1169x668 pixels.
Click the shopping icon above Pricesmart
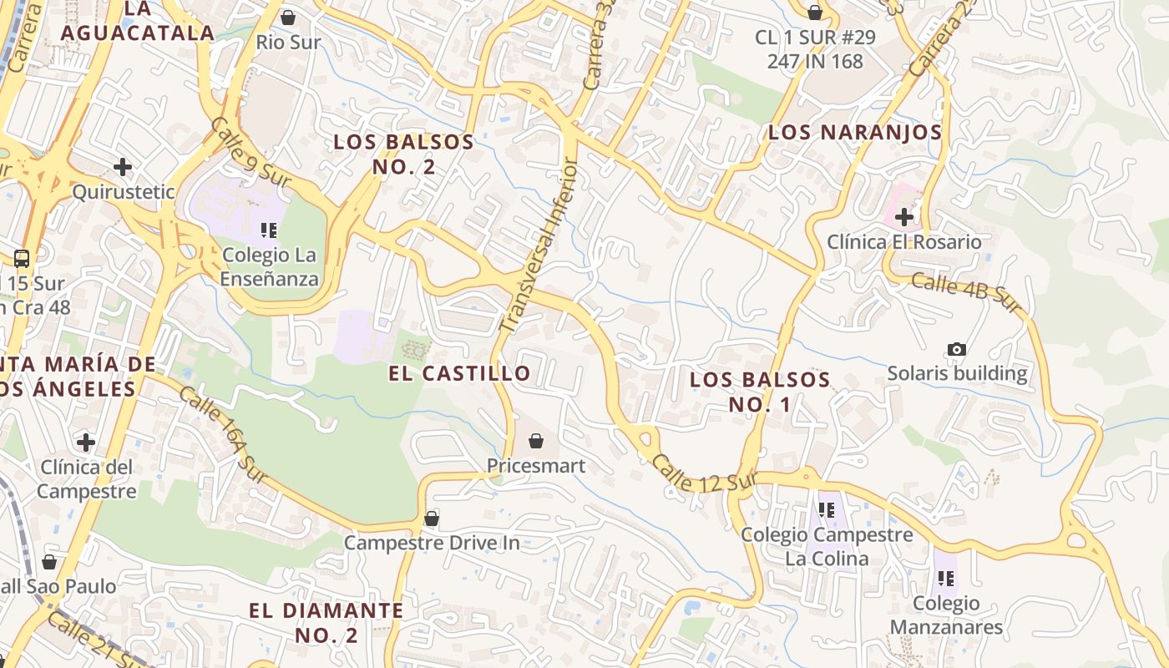pyautogui.click(x=536, y=441)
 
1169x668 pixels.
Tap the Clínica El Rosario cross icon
pyautogui.click(x=903, y=218)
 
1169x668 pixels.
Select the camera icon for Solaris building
pyautogui.click(x=957, y=349)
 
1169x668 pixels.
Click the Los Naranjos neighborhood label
pyautogui.click(x=854, y=132)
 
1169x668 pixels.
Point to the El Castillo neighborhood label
pyautogui.click(x=459, y=373)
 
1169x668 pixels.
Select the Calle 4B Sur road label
pyautogui.click(x=966, y=293)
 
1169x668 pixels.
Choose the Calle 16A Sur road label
pyautogui.click(x=223, y=434)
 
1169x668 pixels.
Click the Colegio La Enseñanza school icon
pyautogui.click(x=268, y=230)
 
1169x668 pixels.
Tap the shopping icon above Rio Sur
pyautogui.click(x=288, y=18)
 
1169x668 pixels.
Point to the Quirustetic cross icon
pyautogui.click(x=123, y=167)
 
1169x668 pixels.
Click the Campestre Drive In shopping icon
pyautogui.click(x=432, y=519)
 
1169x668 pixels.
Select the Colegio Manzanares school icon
pyautogui.click(x=945, y=578)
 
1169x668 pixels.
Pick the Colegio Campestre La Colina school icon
pyautogui.click(x=827, y=510)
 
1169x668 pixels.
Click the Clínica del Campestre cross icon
pyautogui.click(x=85, y=442)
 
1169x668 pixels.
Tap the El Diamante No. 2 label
pyautogui.click(x=326, y=622)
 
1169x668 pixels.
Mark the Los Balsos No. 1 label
pyautogui.click(x=760, y=392)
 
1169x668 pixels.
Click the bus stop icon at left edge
pyautogui.click(x=22, y=259)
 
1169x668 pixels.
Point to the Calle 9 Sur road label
pyautogui.click(x=250, y=152)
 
